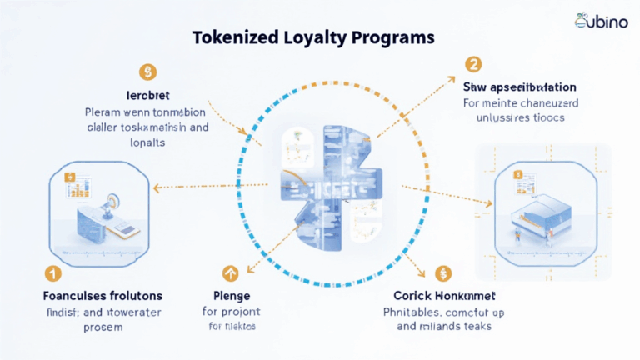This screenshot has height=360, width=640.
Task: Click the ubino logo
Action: [601, 22]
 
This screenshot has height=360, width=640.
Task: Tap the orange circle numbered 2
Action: [473, 63]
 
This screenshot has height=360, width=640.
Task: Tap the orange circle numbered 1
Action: [51, 273]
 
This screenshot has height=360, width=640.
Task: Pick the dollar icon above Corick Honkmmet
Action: [442, 272]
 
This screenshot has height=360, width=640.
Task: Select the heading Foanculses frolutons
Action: [102, 296]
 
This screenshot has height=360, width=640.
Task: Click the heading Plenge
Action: [232, 296]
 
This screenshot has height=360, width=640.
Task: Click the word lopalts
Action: [147, 142]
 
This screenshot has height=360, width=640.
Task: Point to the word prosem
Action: [102, 327]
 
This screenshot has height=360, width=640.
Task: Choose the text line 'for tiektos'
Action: [232, 327]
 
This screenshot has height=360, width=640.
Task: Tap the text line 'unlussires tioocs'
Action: [514, 118]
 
